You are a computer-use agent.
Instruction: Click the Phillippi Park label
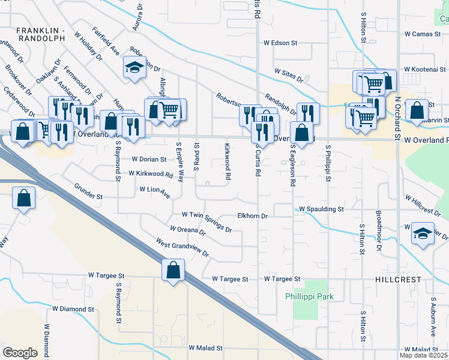tap(309, 296)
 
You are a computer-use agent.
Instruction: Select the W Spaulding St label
tap(321, 209)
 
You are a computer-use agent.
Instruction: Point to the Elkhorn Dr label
tap(252, 215)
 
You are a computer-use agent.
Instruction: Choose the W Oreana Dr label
tap(187, 232)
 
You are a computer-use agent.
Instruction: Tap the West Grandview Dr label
tap(182, 248)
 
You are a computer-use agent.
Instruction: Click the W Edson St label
tap(280, 43)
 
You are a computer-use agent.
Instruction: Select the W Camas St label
tap(423, 35)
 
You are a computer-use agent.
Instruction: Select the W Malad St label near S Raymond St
tap(205, 348)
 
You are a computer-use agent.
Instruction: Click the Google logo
tap(20, 352)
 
